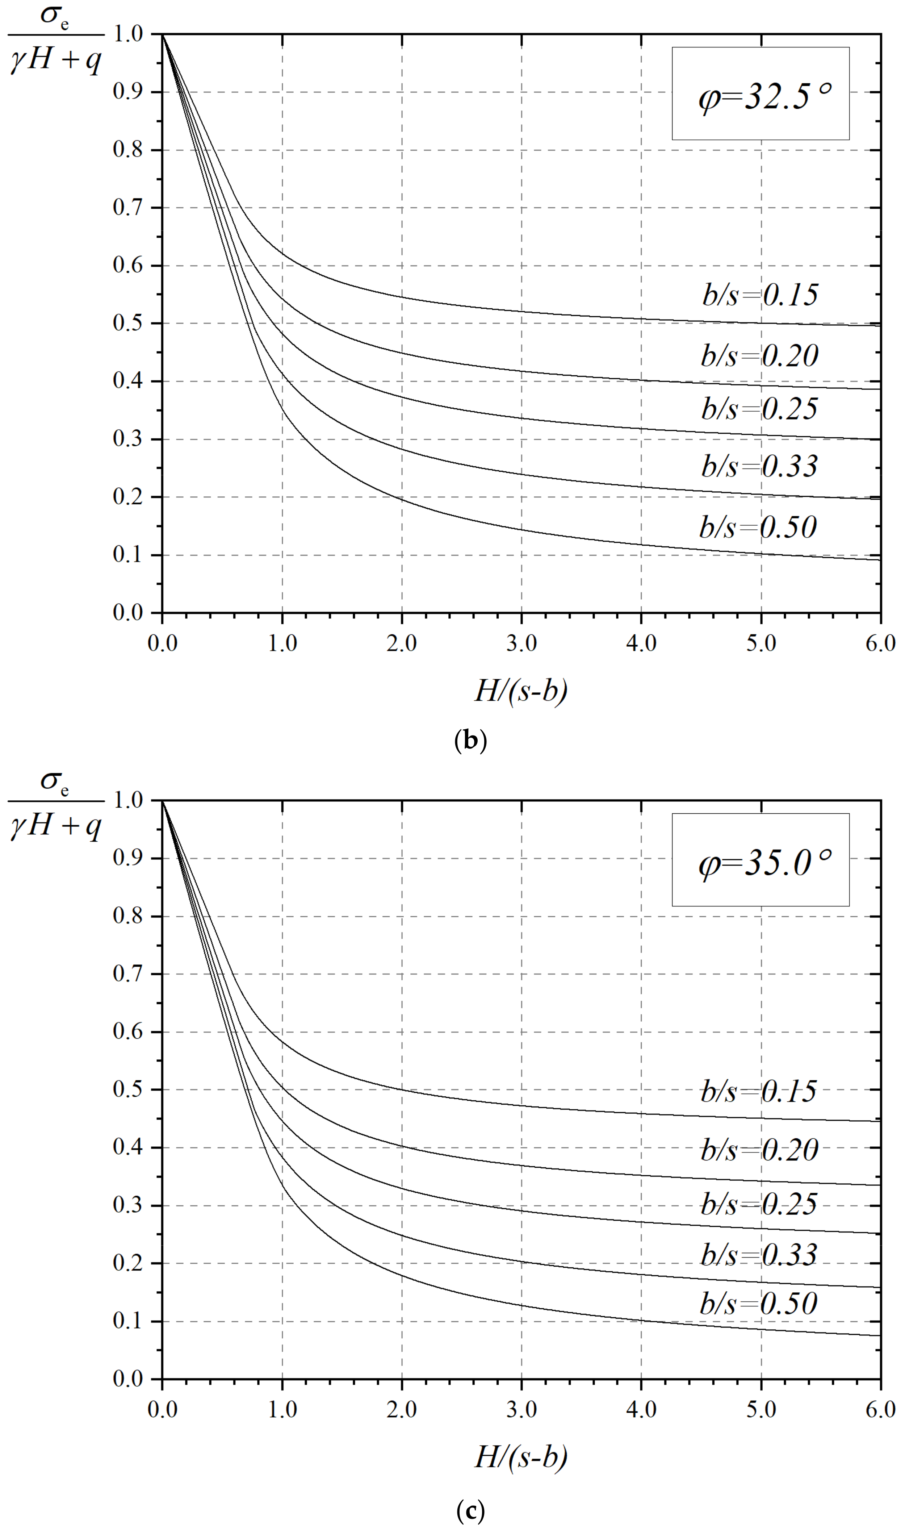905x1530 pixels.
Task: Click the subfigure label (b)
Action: [x=471, y=741]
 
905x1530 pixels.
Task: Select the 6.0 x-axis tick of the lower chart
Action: [x=880, y=1409]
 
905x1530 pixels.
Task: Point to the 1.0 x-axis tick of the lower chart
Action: [x=282, y=1409]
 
